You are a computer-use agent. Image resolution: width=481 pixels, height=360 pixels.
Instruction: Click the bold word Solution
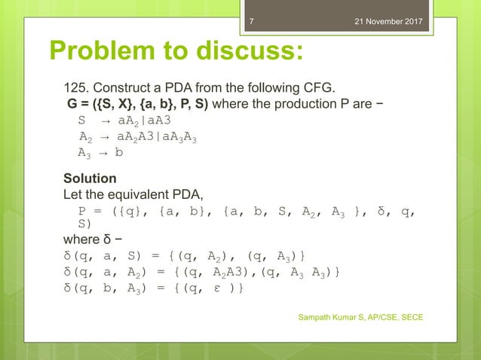point(90,178)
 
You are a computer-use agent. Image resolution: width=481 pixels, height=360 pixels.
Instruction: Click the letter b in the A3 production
point(118,152)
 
